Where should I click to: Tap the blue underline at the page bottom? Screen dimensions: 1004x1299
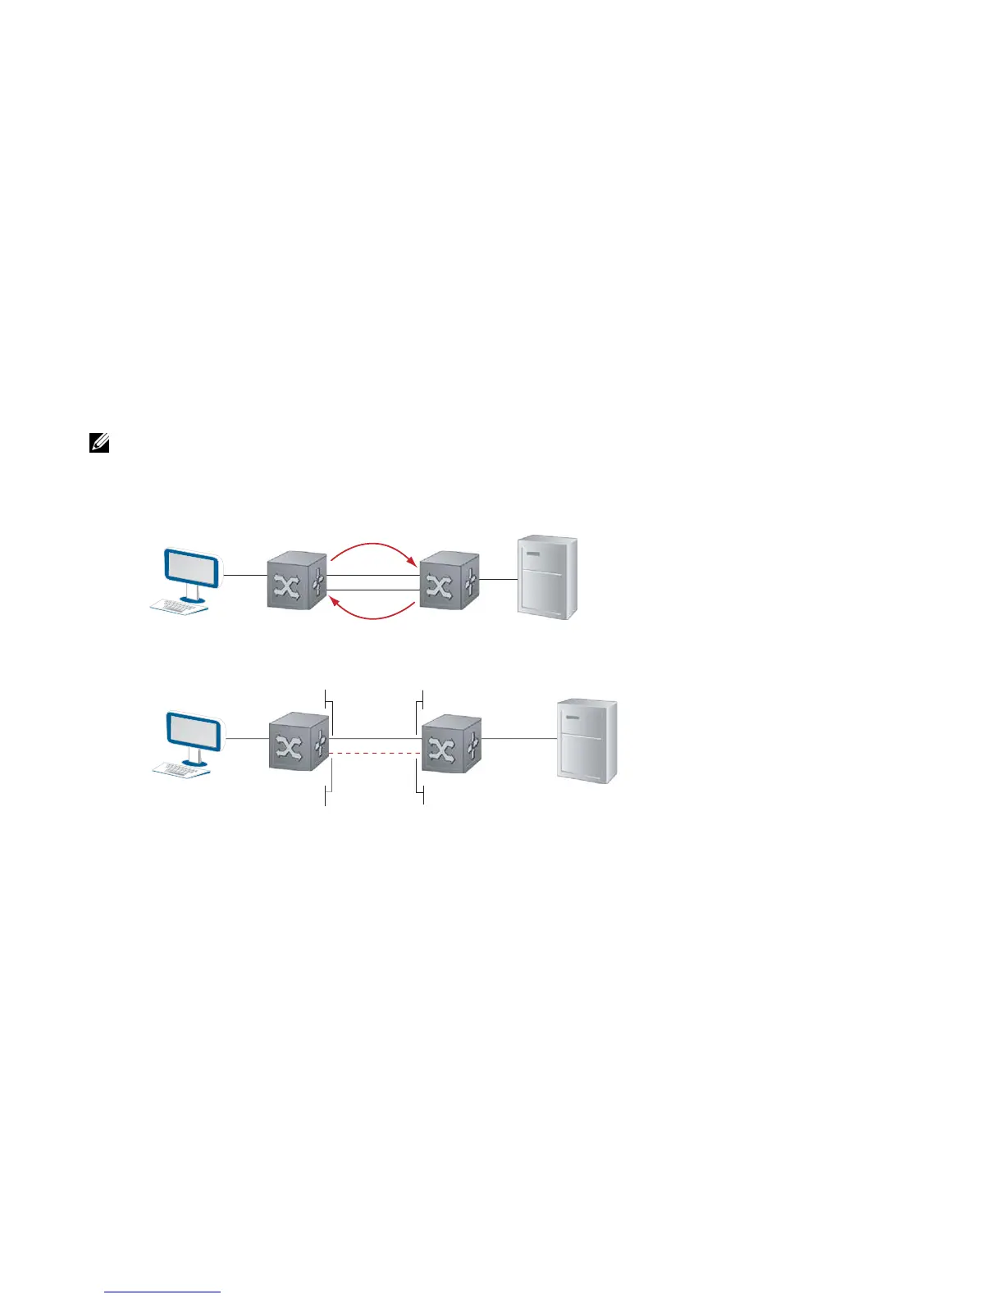tap(162, 1292)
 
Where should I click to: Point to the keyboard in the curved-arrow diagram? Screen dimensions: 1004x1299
tap(179, 606)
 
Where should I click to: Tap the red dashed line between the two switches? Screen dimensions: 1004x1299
tap(375, 753)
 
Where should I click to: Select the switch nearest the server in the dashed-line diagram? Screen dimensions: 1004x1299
tap(451, 743)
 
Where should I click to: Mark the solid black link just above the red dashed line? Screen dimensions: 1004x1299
tap(375, 739)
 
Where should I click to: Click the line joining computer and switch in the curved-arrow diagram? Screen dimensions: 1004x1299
tap(245, 575)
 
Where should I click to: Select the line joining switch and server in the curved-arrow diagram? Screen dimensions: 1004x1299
tap(498, 579)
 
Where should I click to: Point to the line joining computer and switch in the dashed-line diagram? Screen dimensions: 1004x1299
tap(247, 739)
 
